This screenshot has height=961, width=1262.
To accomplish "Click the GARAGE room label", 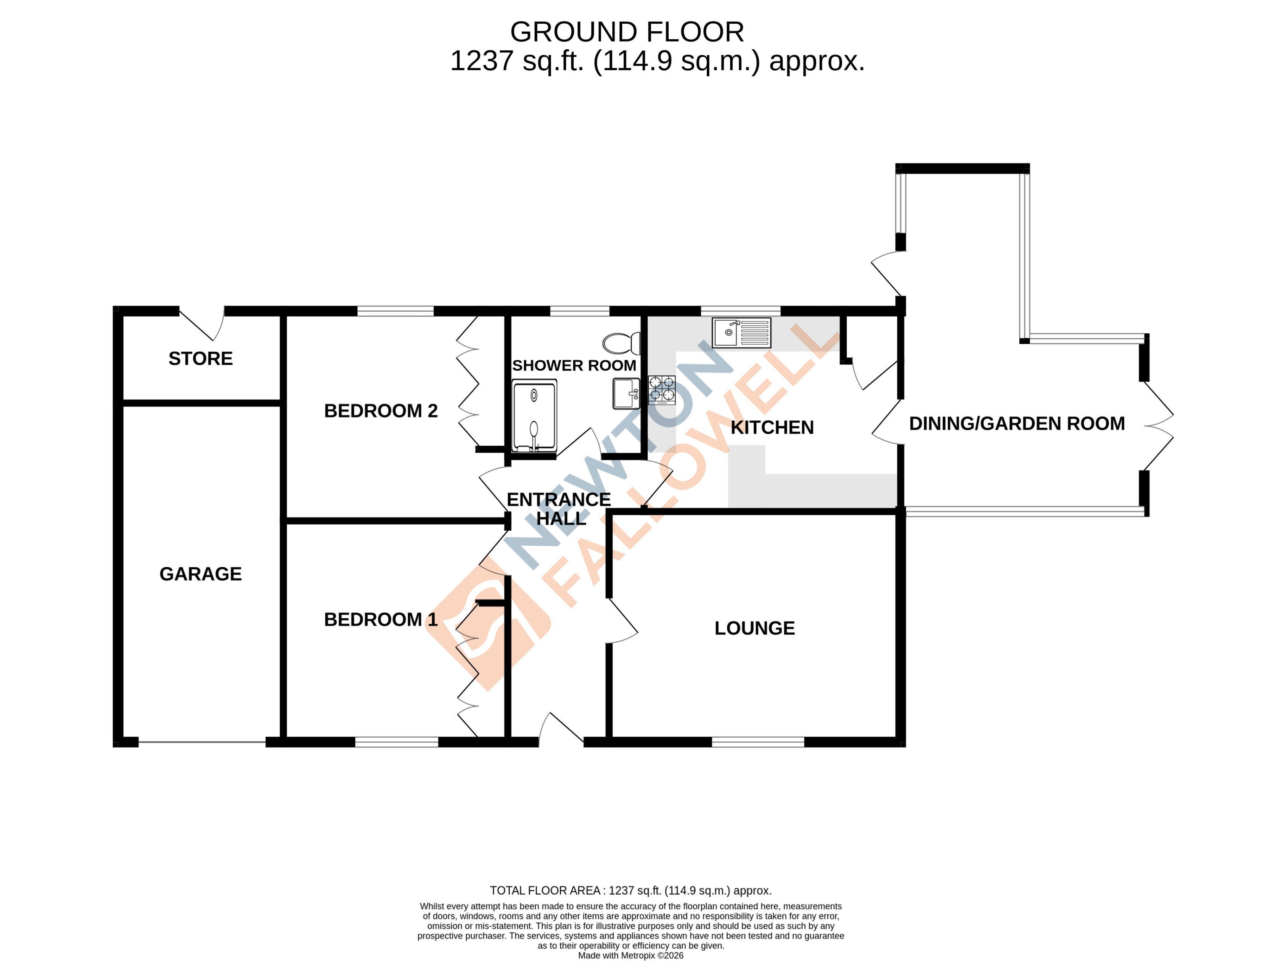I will (200, 574).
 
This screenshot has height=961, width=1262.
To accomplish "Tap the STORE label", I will (200, 358).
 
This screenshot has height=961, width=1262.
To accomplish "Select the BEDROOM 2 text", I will (381, 411).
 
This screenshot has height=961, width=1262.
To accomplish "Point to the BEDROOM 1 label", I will (381, 619).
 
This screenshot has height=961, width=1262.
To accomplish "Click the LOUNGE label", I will (754, 628).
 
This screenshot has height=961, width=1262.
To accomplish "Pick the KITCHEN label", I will (772, 427).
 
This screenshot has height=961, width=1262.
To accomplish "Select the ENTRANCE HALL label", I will (559, 509).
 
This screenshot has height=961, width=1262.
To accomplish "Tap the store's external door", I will (201, 324).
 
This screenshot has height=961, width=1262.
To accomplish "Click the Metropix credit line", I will (630, 955).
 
